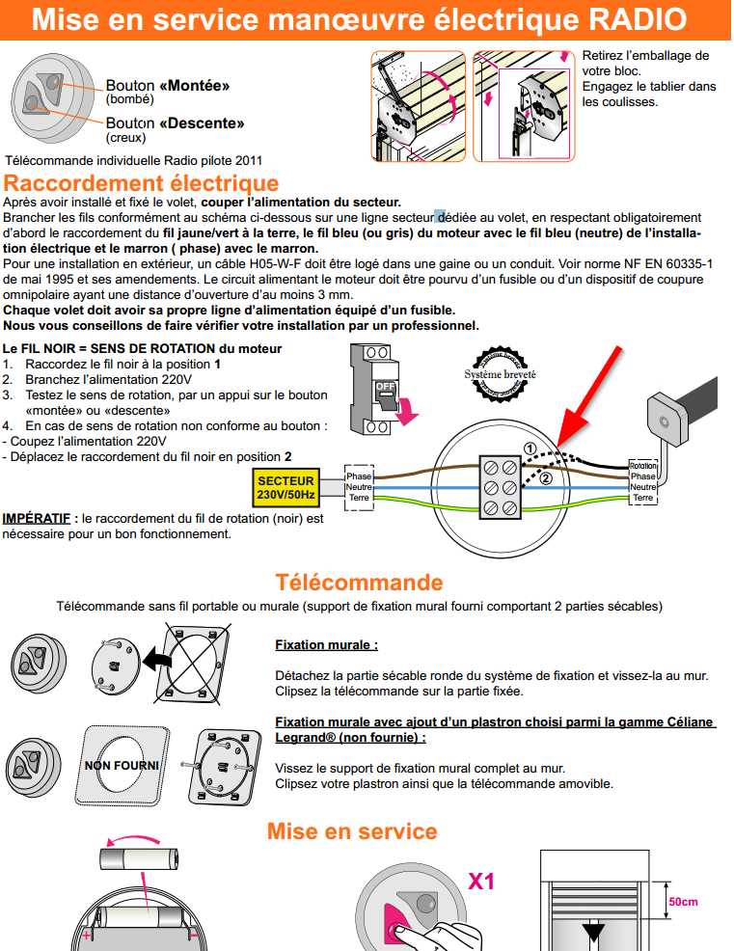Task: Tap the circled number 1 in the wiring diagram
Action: pyautogui.click(x=530, y=448)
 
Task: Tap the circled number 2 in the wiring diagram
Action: pyautogui.click(x=546, y=477)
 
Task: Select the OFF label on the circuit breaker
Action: pyautogui.click(x=386, y=386)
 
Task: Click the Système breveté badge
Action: pyautogui.click(x=500, y=374)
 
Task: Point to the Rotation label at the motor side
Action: pyautogui.click(x=642, y=466)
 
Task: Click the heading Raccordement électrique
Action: pyautogui.click(x=142, y=183)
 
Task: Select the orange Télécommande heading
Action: pyautogui.click(x=359, y=583)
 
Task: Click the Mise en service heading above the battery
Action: pyautogui.click(x=352, y=831)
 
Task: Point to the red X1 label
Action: pyautogui.click(x=481, y=881)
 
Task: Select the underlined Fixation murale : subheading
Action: pyautogui.click(x=326, y=644)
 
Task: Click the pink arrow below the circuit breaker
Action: pyautogui.click(x=409, y=414)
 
